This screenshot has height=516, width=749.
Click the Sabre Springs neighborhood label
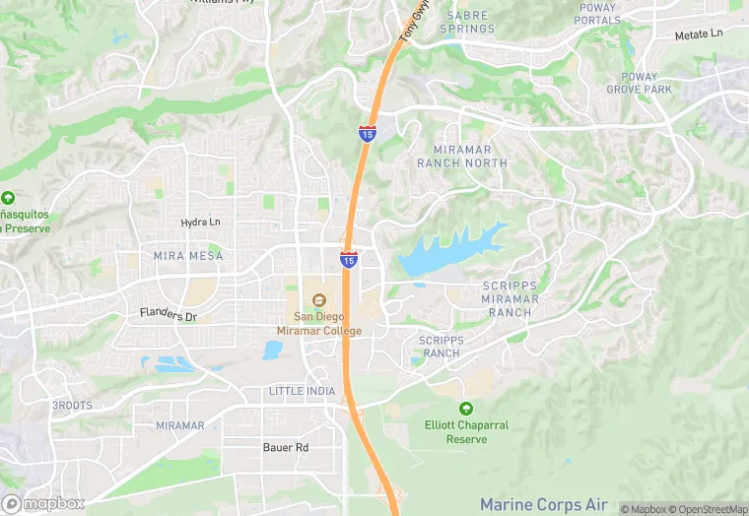coord(467,22)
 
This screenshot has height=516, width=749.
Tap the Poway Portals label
coord(597,14)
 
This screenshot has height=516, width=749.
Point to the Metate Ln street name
coord(698,34)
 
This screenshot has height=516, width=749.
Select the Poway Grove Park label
coord(646,83)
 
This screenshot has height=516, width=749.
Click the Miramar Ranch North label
coord(462,156)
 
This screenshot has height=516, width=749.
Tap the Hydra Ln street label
coord(201,223)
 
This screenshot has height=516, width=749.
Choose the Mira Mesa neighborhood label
coord(188,256)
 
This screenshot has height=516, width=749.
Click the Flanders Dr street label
coord(169,316)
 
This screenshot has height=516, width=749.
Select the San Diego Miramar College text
coord(328,323)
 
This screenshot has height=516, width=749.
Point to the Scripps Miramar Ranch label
coord(510,298)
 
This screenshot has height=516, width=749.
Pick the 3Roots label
coord(71,406)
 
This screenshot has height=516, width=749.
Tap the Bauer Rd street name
coord(286,448)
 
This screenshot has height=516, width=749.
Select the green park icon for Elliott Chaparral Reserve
coord(465,409)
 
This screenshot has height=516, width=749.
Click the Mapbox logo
coord(43,503)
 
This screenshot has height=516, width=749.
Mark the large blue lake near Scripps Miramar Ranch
coord(443,255)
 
